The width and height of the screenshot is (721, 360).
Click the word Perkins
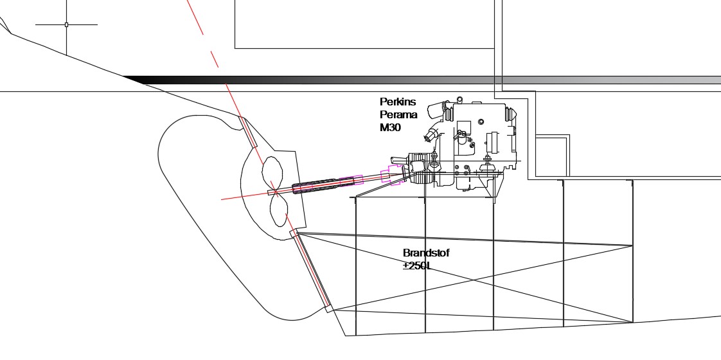(x=398, y=102)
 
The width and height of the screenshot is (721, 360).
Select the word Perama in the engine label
(x=398, y=114)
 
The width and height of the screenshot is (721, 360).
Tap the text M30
(x=391, y=127)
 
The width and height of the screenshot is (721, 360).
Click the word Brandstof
(x=426, y=253)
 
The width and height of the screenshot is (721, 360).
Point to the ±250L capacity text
(x=418, y=265)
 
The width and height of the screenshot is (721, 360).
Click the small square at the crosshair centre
(x=66, y=24)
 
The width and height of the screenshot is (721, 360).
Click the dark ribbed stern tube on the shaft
(x=323, y=185)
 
